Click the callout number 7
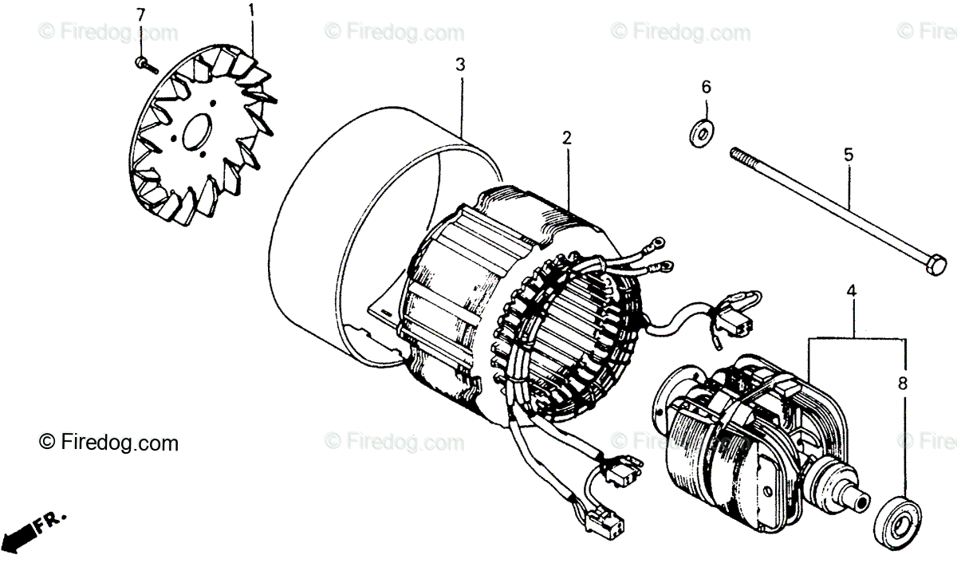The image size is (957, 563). (141, 15)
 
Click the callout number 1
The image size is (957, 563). (252, 10)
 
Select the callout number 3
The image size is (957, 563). (460, 65)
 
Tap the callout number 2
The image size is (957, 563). (566, 137)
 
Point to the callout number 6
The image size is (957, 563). (706, 87)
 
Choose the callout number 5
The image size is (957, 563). (849, 155)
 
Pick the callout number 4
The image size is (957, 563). (851, 293)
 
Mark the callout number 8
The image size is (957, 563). (903, 384)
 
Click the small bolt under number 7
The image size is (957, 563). (142, 61)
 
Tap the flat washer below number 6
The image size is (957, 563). (702, 132)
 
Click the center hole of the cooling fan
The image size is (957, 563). (196, 134)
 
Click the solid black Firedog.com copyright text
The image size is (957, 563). (109, 441)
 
